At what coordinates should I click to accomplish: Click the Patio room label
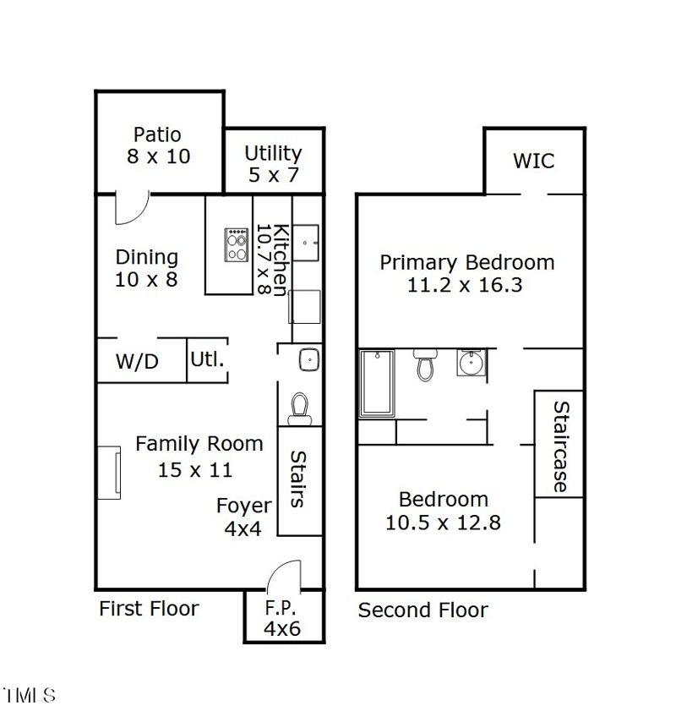pos(158,135)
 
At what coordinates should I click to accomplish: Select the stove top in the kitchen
pos(236,244)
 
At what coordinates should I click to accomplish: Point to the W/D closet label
pos(137,362)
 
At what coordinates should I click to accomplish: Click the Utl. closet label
pos(207,359)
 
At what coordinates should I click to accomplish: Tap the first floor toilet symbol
pos(299,409)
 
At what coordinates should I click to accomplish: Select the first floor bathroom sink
pos(308,359)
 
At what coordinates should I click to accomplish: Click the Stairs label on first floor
pos(298,479)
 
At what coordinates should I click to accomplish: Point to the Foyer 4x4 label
pos(243,517)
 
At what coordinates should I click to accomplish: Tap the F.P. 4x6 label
pos(282,618)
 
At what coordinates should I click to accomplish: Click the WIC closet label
pos(533,161)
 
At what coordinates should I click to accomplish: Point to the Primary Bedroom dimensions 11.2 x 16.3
pos(465,285)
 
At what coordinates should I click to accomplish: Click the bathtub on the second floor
pos(377,383)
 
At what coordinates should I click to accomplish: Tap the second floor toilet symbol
pos(424,366)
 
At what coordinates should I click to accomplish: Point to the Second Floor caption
pos(422,610)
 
